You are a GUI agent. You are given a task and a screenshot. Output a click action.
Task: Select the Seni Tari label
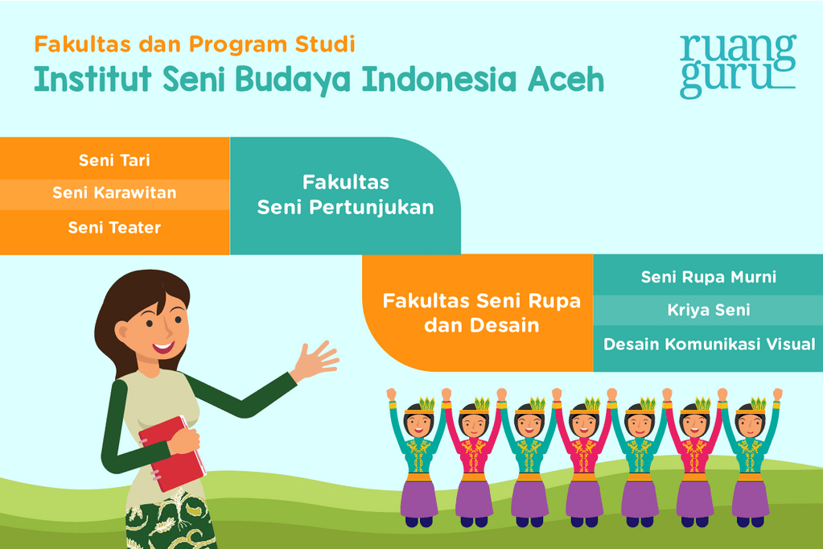tap(114, 160)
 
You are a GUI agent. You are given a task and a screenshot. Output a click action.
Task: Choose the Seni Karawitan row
tap(114, 193)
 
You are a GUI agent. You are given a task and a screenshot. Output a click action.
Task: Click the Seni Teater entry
tap(114, 228)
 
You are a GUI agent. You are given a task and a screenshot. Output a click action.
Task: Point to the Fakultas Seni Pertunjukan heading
tap(345, 195)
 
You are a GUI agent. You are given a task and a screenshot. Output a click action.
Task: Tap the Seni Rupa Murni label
tap(709, 277)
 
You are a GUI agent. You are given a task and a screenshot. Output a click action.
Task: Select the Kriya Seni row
tap(709, 310)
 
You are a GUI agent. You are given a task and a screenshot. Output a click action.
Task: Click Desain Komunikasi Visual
tap(709, 345)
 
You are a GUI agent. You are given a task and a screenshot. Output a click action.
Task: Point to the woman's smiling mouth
tap(163, 348)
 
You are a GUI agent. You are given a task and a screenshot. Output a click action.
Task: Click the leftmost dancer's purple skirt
tap(419, 497)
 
